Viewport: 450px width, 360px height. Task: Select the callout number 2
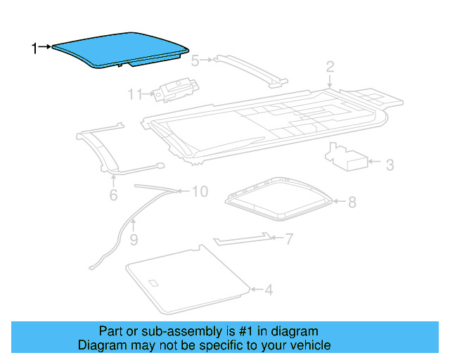[330, 67]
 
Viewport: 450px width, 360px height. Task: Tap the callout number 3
[390, 165]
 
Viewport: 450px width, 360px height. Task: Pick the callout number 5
[195, 60]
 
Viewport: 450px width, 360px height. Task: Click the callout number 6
[113, 194]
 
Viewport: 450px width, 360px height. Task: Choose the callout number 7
[288, 239]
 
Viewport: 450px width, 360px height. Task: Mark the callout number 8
[352, 202]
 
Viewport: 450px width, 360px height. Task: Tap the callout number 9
[133, 240]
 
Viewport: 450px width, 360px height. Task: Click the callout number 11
[135, 94]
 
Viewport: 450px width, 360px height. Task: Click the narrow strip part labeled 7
[242, 240]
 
